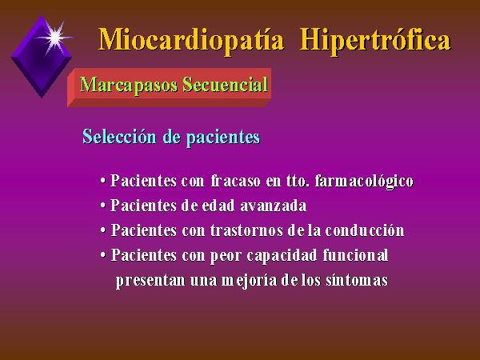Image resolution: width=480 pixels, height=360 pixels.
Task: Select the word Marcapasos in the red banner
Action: tap(129, 85)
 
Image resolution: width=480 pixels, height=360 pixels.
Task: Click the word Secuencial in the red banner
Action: tap(225, 84)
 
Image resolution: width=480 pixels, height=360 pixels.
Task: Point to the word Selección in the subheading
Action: tap(119, 137)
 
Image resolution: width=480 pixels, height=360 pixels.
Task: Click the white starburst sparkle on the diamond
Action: tap(55, 38)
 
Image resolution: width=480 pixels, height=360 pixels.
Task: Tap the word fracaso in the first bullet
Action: tap(235, 181)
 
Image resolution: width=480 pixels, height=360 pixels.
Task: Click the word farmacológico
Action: tap(364, 182)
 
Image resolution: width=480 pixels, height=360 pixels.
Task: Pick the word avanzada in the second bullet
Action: tap(273, 206)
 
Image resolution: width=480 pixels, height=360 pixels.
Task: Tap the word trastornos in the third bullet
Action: tap(246, 230)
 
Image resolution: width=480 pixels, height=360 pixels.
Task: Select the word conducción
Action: tap(365, 230)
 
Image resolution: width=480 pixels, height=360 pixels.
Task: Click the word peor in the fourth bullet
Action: tap(226, 256)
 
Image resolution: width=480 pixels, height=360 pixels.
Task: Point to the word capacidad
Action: tap(282, 256)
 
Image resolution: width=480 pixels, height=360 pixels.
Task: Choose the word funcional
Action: tap(355, 255)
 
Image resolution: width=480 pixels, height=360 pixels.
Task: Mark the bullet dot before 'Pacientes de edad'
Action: tap(103, 206)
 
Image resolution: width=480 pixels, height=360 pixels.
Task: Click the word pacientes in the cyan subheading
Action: tap(223, 138)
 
